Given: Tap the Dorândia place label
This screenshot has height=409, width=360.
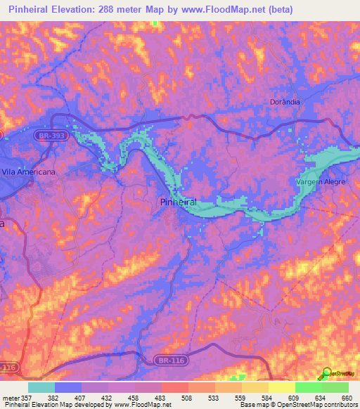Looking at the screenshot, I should click(285, 101).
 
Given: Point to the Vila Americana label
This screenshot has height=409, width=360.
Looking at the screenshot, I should click(28, 171).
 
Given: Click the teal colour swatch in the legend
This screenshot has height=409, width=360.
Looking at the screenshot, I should click(41, 388).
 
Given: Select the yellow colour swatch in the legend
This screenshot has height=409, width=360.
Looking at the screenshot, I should click(282, 388).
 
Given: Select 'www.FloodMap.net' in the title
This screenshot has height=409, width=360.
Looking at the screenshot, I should click(231, 9).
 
